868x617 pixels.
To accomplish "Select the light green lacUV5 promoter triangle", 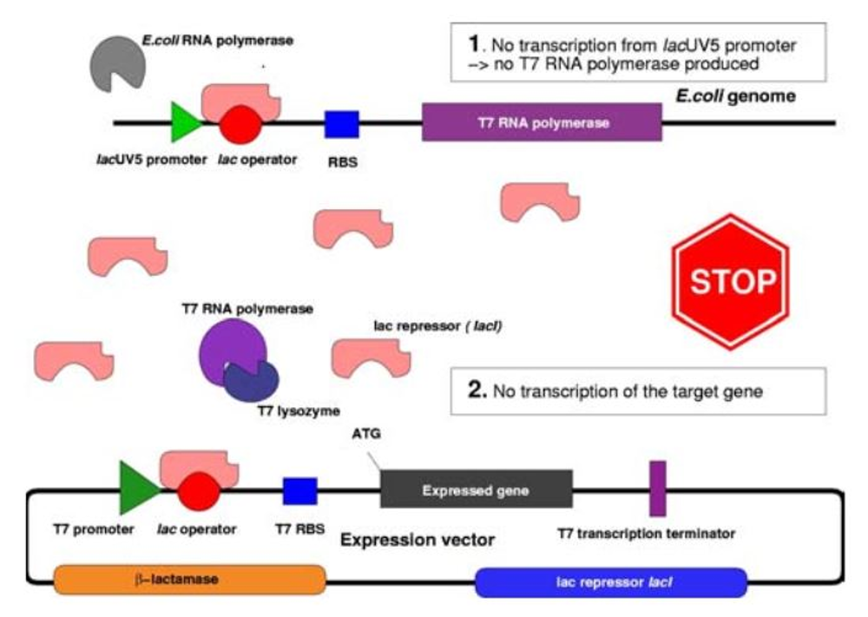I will coord(183,122).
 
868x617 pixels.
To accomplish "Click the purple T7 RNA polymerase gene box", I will coord(542,122).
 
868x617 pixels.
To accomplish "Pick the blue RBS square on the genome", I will coord(342,124).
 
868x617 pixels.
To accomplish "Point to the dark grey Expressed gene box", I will coord(476,489).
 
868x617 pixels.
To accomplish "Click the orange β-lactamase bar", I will coord(189,579).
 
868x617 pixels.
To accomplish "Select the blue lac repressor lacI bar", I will coord(611,581).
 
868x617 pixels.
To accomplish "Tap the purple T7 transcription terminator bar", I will coord(658,489).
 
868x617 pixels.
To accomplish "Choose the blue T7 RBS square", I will coord(300,490).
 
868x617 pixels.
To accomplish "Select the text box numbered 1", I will coord(638,51).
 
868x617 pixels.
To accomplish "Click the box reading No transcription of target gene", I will coord(638,391).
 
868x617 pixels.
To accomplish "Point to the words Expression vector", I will coord(418,539).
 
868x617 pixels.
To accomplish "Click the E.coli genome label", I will coord(735,95).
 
